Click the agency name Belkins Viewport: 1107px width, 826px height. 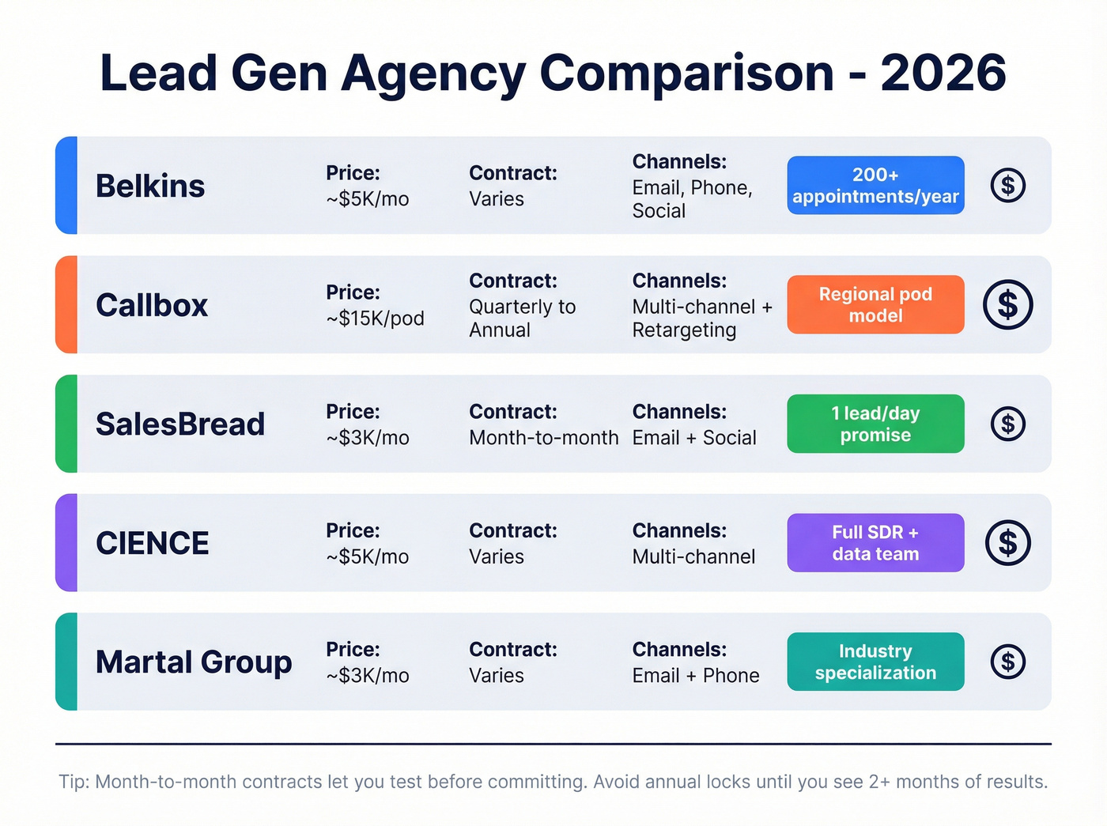point(150,187)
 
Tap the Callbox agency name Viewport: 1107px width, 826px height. point(152,305)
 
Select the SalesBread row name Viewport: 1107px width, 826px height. point(180,424)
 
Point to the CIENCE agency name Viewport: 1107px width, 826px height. point(153,543)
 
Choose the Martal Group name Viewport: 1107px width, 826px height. point(194,662)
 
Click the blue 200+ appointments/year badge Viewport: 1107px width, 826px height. point(875,186)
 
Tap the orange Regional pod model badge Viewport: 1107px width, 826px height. point(875,304)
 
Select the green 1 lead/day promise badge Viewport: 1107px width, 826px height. point(875,424)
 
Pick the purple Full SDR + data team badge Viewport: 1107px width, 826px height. point(875,543)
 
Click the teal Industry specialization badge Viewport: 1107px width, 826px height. point(875,662)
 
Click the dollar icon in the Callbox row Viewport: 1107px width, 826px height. point(1007,304)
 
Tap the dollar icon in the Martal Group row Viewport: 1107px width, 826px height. point(1007,662)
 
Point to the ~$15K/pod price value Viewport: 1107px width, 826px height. point(375,319)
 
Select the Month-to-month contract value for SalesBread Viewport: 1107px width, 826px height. point(543,438)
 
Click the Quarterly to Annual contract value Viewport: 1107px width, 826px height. point(522,319)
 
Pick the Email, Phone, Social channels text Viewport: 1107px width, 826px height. point(692,199)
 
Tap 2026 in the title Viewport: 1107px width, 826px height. point(943,73)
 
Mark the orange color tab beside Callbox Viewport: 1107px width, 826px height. point(66,304)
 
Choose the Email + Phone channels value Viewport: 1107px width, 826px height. point(696,676)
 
